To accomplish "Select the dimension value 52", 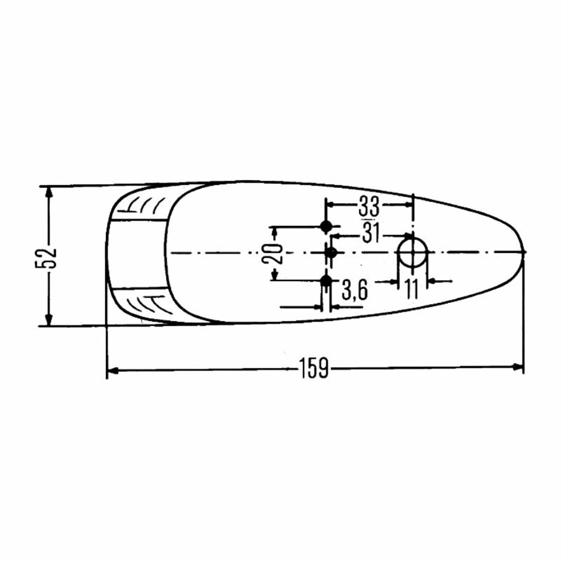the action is coord(46,257).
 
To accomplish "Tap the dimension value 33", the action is coord(369,207).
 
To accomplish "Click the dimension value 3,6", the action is coord(354,290).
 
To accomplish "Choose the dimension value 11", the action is coord(411,289).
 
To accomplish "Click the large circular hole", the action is coord(413,253).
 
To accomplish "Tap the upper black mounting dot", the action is coord(326,226).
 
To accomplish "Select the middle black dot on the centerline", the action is coord(331,253).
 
